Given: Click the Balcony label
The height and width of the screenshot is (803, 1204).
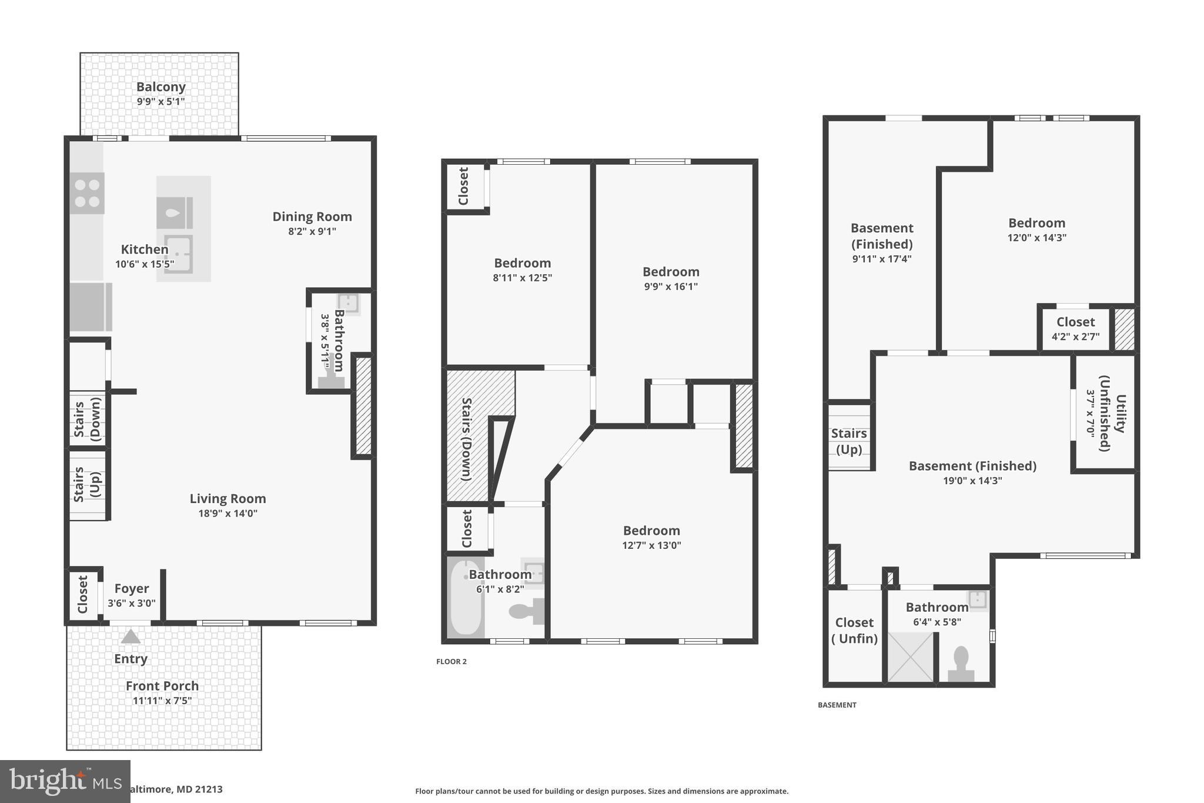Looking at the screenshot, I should (161, 87).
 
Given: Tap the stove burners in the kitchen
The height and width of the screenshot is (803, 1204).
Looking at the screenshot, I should (87, 193).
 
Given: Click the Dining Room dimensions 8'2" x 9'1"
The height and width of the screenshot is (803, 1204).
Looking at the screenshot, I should (312, 231).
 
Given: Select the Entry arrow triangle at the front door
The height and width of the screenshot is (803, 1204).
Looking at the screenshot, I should (131, 637).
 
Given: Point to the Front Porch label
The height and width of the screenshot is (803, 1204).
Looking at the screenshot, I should (162, 686).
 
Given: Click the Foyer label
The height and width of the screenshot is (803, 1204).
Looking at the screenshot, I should (131, 588).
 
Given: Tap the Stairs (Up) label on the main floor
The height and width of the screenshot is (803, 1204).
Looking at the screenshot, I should (87, 484).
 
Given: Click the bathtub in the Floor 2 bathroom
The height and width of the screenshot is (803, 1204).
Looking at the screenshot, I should (466, 598).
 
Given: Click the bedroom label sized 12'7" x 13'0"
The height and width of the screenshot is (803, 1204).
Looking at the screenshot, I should (651, 531).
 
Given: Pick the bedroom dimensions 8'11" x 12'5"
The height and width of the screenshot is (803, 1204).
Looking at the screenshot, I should (522, 278).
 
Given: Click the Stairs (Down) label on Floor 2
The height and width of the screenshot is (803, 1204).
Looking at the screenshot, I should (467, 439).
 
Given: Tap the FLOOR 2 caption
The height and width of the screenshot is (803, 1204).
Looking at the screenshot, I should (451, 661).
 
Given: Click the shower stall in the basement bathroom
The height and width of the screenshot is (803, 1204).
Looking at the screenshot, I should (910, 657).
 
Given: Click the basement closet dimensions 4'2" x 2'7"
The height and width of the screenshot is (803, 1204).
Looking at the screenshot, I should (1075, 337).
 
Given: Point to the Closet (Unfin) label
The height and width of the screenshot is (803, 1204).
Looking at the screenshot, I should (854, 630).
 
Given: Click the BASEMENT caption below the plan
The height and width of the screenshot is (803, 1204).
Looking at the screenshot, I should (837, 705).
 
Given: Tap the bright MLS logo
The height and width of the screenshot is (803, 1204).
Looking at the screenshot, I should (65, 781).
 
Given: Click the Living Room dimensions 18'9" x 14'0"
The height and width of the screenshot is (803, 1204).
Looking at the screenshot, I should (228, 513).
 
